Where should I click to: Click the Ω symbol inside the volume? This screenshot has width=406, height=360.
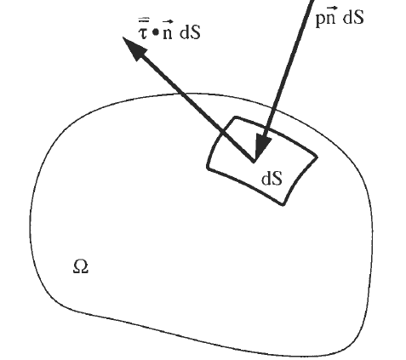coord(81,267)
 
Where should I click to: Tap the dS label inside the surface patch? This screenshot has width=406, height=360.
coord(272,179)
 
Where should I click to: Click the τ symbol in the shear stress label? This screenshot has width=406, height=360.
coord(143,33)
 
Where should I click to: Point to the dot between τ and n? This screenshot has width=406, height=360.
coord(156,32)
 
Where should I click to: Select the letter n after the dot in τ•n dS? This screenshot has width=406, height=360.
coord(168,33)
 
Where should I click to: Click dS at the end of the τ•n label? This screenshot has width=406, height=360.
coord(190,32)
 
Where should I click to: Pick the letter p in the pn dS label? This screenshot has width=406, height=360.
coord(321,20)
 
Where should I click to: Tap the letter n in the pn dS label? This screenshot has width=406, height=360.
coord(331,18)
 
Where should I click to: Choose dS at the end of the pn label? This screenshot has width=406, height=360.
coord(353,17)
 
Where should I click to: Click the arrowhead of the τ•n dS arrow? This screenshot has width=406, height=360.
coord(134,48)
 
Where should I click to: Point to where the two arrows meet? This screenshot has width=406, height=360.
coord(254,162)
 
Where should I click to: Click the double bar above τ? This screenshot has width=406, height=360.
coord(143,20)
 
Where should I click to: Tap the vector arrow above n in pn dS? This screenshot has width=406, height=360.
coord(331,7)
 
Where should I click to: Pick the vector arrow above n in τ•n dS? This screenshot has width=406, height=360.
coord(168,21)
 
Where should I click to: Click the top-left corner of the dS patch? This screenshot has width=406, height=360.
coord(235,117)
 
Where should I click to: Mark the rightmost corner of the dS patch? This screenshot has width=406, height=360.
coord(317,157)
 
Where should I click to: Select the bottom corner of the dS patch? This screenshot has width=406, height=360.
coord(283,204)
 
